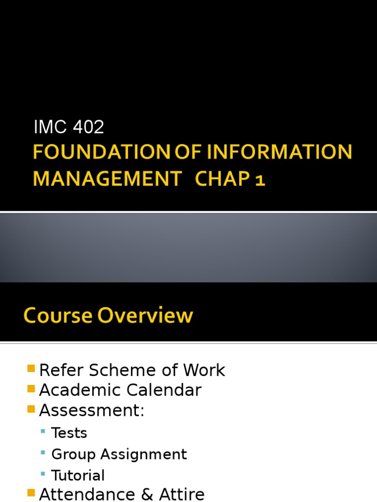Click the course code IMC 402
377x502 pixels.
pyautogui.click(x=69, y=127)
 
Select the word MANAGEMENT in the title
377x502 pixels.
pyautogui.click(x=107, y=179)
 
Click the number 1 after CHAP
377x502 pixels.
pyautogui.click(x=260, y=180)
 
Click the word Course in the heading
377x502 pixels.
pyautogui.click(x=57, y=316)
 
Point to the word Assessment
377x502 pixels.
pyautogui.click(x=91, y=410)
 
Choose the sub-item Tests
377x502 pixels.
pyautogui.click(x=69, y=433)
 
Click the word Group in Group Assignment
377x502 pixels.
pyautogui.click(x=74, y=454)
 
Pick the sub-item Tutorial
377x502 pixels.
pyautogui.click(x=78, y=476)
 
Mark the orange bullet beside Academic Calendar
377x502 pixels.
pyautogui.click(x=31, y=389)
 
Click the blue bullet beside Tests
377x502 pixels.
pyautogui.click(x=44, y=431)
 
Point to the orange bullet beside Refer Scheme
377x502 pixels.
pyautogui.click(x=31, y=369)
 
